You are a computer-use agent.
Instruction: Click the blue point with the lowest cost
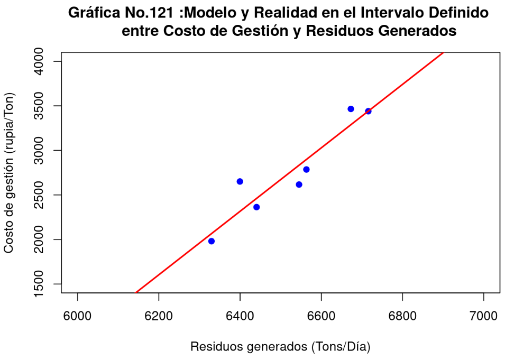click(212, 241)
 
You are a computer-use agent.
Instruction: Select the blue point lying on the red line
click(368, 111)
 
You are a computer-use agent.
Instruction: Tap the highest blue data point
click(351, 109)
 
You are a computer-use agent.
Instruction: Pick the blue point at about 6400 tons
click(240, 181)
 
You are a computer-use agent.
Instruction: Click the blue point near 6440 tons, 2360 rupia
click(256, 207)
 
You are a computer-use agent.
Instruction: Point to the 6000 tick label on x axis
click(77, 316)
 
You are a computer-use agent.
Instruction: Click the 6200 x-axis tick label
click(159, 316)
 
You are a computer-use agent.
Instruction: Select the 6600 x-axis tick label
click(322, 316)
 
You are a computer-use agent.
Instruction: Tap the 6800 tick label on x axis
click(402, 316)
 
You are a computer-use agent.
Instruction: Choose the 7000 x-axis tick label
click(483, 316)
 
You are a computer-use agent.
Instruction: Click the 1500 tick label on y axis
click(39, 284)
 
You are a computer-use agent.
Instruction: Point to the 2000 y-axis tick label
click(39, 239)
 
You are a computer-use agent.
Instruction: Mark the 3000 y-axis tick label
click(39, 150)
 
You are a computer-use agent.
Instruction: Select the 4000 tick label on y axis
click(39, 61)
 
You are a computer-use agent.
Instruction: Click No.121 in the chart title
click(149, 13)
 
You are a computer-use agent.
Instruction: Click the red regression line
click(290, 172)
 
